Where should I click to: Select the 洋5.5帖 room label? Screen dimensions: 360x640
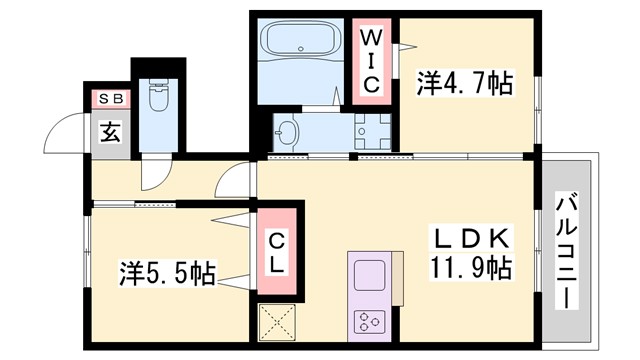[x=168, y=271]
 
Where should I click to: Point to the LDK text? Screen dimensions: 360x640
[x=473, y=239]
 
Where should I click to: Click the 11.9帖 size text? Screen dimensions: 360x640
[x=473, y=268]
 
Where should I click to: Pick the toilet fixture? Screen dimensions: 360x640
[x=158, y=97]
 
